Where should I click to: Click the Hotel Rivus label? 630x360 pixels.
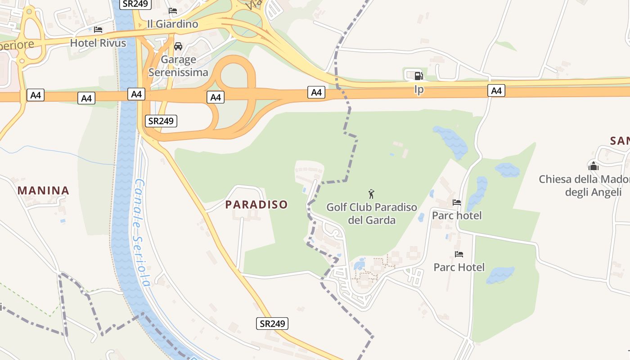tap(98, 43)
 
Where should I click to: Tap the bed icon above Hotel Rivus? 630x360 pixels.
tap(98, 30)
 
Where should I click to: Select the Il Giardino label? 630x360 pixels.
tap(172, 24)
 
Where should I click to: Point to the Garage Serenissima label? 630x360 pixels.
tap(178, 66)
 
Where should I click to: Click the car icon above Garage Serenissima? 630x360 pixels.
tap(178, 46)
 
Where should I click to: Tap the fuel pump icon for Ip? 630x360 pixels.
tap(418, 76)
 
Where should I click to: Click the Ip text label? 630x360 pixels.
tap(418, 90)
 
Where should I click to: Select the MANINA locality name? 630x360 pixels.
tap(43, 190)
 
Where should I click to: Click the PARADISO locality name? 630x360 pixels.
tap(256, 204)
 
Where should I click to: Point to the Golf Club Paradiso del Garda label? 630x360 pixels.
tap(372, 214)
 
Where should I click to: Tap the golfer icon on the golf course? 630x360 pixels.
tap(371, 194)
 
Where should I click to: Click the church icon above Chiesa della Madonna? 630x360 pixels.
tap(594, 166)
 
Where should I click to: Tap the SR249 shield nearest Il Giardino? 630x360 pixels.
tap(135, 4)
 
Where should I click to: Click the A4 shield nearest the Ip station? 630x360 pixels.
tap(496, 91)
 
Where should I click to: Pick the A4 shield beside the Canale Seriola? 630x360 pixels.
tap(136, 94)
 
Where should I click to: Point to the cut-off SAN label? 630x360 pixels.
tap(620, 141)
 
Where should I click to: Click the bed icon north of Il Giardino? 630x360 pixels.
tap(173, 11)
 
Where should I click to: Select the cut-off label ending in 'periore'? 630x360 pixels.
tap(17, 45)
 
